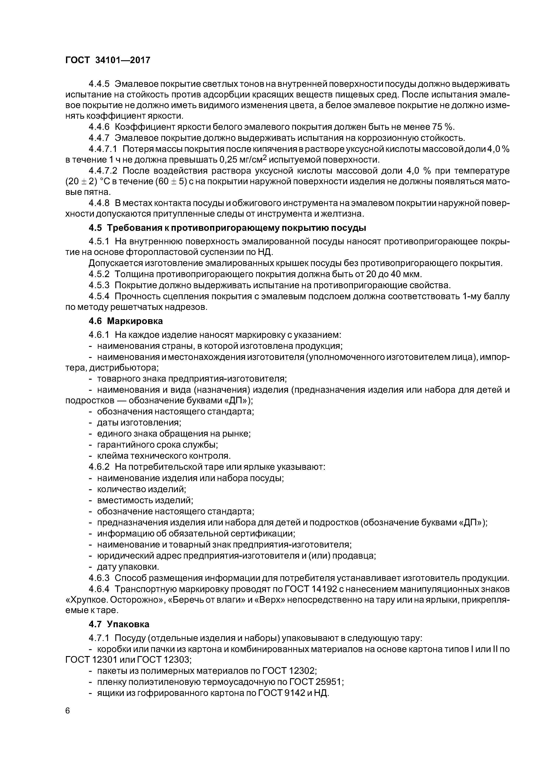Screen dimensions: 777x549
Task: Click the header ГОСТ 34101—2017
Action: point(108,60)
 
